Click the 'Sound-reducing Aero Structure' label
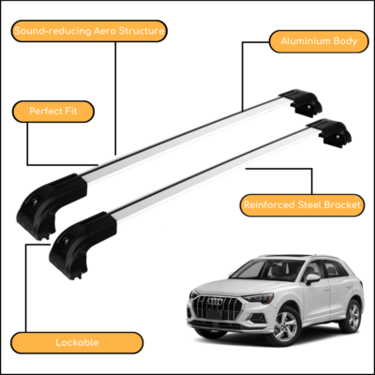pos(89,31)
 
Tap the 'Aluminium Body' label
pos(319,41)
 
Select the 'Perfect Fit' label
pos(53,112)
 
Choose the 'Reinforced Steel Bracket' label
pos(302,205)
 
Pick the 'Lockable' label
pos(77,342)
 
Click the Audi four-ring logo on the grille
pos(216,302)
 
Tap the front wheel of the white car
pos(285,326)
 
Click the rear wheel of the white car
pos(352,316)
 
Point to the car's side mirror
pos(312,278)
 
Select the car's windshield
pos(266,270)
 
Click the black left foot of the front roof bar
pos(82,245)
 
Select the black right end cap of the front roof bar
pos(330,132)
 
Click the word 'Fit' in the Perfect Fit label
pos(71,112)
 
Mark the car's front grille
pos(217,307)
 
